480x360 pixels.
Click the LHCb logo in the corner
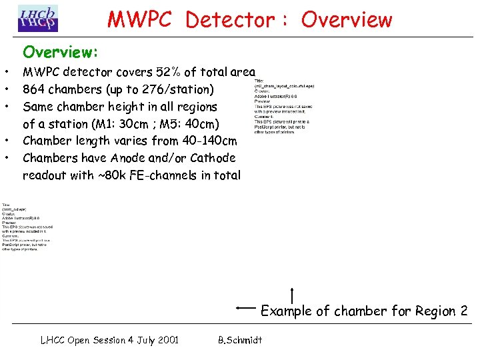[x=38, y=19]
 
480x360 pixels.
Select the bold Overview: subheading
[x=61, y=51]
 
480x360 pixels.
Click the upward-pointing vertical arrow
[x=293, y=294]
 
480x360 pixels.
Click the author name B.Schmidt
[x=240, y=340]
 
